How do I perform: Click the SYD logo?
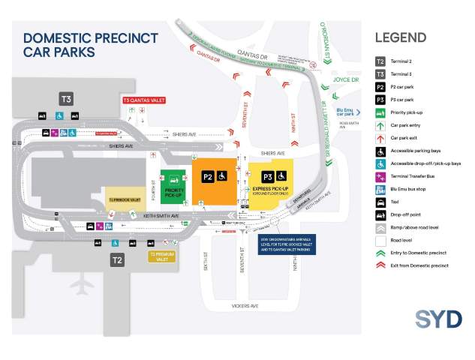(x=438, y=318)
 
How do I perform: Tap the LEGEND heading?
(x=400, y=37)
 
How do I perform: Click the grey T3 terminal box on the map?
(x=66, y=99)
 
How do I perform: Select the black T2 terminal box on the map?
(x=117, y=260)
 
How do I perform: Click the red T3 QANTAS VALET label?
(x=143, y=100)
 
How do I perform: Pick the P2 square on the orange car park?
(x=209, y=177)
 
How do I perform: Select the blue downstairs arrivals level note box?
(x=287, y=244)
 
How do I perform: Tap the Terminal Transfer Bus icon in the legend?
(x=380, y=176)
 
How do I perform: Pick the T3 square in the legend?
(x=380, y=73)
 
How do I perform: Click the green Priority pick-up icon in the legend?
(x=380, y=112)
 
